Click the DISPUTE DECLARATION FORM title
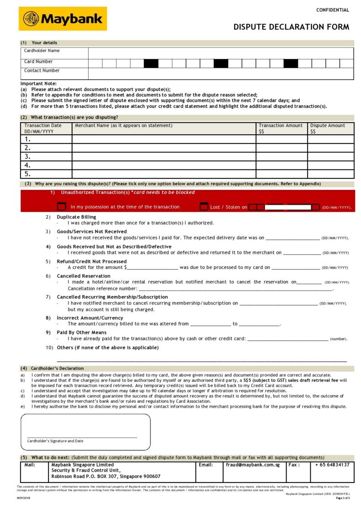(x=291, y=27)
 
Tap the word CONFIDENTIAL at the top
(x=332, y=10)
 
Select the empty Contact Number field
(x=221, y=74)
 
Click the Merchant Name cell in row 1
(x=164, y=139)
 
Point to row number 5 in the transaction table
(x=28, y=174)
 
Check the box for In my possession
(x=61, y=207)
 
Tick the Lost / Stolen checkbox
(x=204, y=207)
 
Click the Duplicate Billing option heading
(x=76, y=217)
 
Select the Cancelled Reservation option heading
(x=84, y=276)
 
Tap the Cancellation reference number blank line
(x=235, y=289)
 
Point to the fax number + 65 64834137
(x=332, y=465)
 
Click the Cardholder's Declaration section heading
(x=57, y=368)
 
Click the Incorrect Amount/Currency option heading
(x=90, y=318)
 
